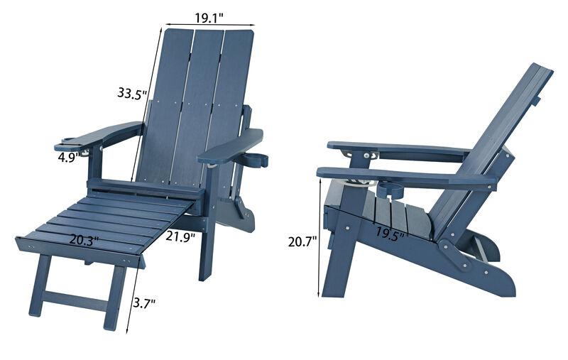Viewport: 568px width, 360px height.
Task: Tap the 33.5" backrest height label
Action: pyautogui.click(x=133, y=93)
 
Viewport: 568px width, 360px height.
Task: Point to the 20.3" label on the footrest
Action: pyautogui.click(x=84, y=240)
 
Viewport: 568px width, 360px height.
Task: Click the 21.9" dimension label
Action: pyautogui.click(x=180, y=237)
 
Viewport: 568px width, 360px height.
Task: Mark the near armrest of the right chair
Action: pyautogui.click(x=405, y=178)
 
